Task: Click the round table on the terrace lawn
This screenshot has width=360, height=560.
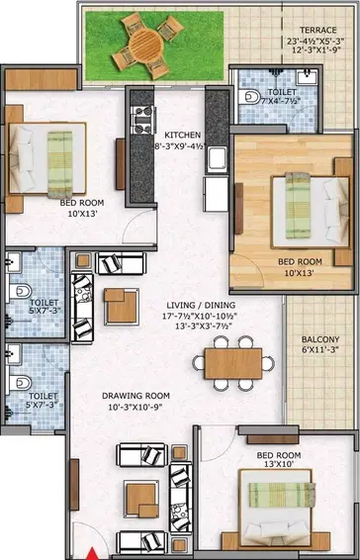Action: coord(145,46)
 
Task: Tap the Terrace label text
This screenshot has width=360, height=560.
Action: coord(317,30)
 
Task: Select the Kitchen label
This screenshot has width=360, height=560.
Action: coord(182,135)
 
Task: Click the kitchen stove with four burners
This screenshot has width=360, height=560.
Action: coord(143,120)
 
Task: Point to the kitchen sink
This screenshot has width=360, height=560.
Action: coord(218,159)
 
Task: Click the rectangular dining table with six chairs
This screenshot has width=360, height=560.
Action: coord(233,363)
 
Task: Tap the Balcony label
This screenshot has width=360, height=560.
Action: coord(320,339)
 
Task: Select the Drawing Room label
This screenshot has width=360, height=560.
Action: coord(135,396)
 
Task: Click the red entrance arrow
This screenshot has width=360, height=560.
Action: coord(93,554)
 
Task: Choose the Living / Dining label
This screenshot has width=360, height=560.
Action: coord(201,306)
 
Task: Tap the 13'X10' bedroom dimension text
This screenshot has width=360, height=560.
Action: coord(279,464)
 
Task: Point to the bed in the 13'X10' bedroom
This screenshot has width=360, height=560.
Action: coord(275,509)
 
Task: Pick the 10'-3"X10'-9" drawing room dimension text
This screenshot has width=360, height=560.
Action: coord(133,407)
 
